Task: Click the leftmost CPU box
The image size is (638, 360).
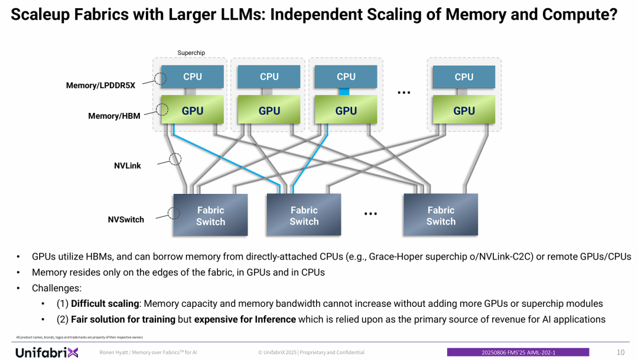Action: (x=192, y=77)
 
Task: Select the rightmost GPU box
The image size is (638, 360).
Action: (x=464, y=111)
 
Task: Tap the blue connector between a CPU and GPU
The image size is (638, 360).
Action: (x=346, y=92)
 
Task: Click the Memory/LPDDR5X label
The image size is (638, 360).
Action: (x=100, y=85)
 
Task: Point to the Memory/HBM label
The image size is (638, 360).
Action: (x=114, y=116)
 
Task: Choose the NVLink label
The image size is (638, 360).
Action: (x=128, y=166)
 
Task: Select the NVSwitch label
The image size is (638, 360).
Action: (x=126, y=219)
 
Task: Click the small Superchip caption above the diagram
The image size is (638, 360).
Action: (x=191, y=53)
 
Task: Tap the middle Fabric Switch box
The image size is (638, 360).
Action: (x=304, y=216)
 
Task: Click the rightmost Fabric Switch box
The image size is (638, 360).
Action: (x=441, y=216)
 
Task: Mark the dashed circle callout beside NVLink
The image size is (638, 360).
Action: (x=175, y=158)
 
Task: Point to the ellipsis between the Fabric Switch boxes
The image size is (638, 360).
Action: (x=370, y=214)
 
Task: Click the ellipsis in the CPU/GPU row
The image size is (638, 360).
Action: (x=404, y=93)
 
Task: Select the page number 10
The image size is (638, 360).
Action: (x=620, y=352)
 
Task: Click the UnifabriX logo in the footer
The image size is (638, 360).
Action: (x=47, y=352)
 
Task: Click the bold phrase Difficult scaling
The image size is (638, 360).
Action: (x=105, y=304)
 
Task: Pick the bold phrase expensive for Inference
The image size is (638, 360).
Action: (x=245, y=319)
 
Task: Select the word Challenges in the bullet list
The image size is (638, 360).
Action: (x=56, y=288)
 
